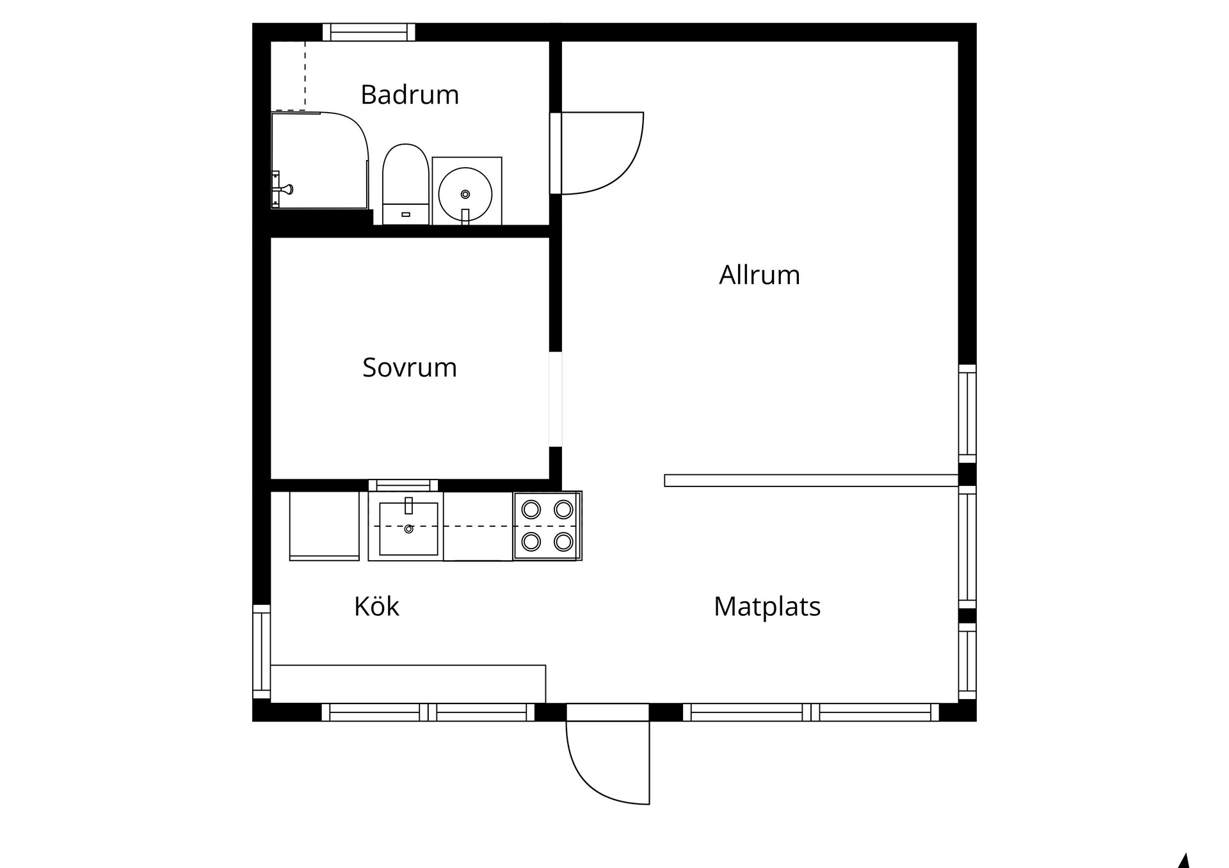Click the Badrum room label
pos(410,95)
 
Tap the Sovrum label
pos(410,367)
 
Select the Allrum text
pos(759,275)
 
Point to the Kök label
pos(376,606)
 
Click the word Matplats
pos(767,607)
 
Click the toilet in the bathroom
pos(405,184)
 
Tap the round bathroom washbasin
pos(465,193)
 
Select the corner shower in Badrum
pos(320,161)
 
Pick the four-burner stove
pos(547,526)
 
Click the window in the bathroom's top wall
pos(369,32)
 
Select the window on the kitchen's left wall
pos(262,652)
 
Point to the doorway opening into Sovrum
pos(556,399)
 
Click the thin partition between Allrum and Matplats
pos(811,481)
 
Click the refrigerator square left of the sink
pos(324,526)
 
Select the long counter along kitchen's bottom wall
pos(408,684)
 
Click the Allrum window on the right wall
pos(967,414)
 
